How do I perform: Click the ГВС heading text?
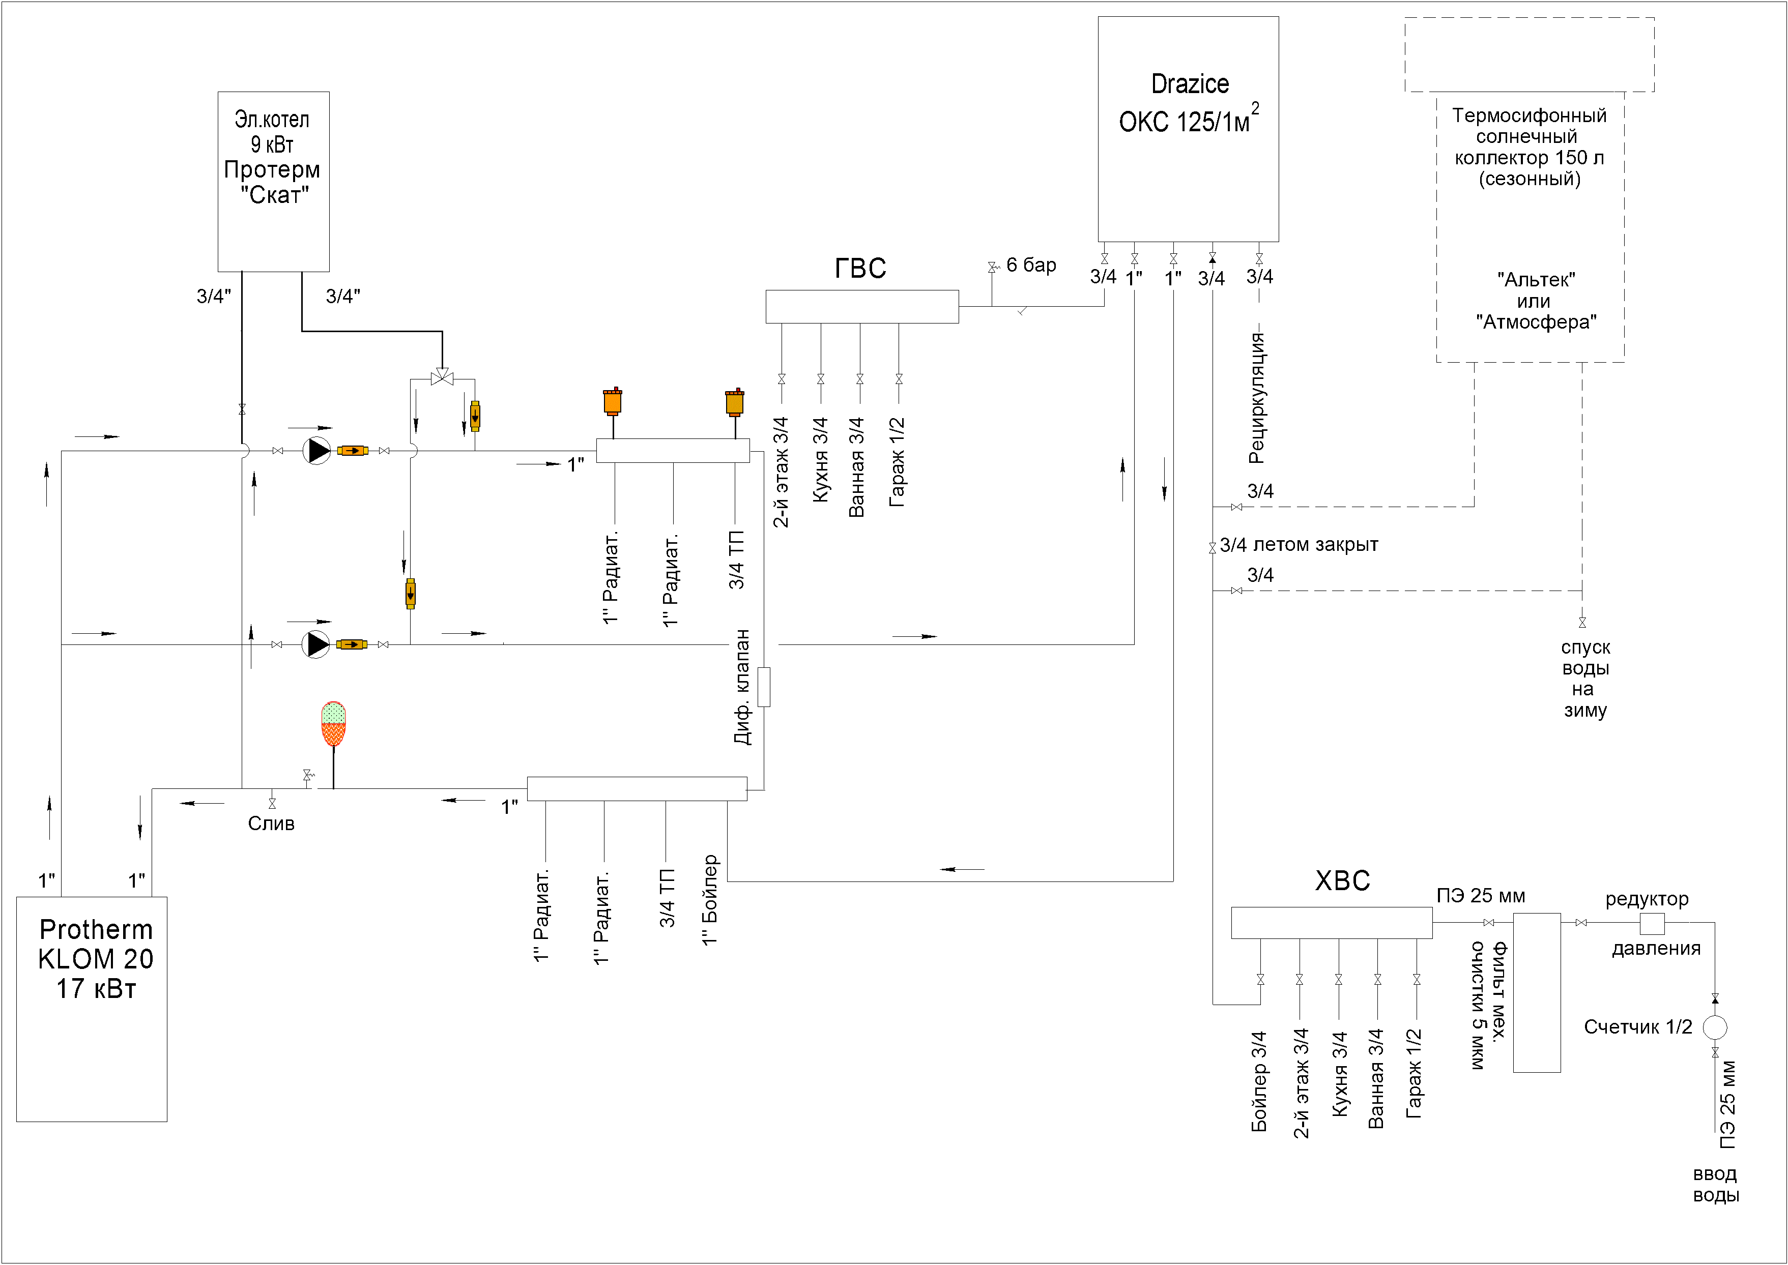(x=860, y=268)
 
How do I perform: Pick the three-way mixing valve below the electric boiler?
(x=442, y=378)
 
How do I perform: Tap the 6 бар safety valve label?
(x=1031, y=265)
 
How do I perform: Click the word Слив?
(x=271, y=823)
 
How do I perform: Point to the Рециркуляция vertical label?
(x=1256, y=397)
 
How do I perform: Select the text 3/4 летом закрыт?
(x=1299, y=544)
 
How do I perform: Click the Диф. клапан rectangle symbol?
(x=764, y=687)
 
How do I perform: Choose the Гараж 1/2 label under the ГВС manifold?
(x=898, y=462)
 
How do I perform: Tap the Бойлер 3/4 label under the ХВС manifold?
(x=1259, y=1081)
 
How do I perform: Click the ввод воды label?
(x=1716, y=1184)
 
